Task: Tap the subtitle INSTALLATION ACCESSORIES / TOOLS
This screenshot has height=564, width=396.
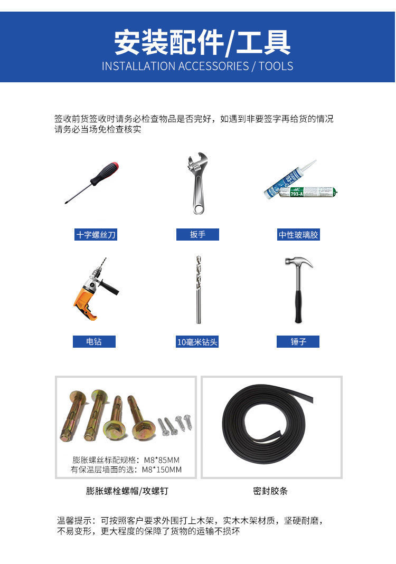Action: tap(197, 66)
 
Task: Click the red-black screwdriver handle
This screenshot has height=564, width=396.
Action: tap(105, 174)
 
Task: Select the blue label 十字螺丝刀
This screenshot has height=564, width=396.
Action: tap(96, 235)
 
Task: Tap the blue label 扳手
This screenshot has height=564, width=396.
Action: tap(197, 235)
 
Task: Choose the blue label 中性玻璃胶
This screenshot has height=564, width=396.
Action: tap(298, 235)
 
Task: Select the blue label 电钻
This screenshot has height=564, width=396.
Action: tap(94, 342)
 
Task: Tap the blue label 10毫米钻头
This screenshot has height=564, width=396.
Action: tap(197, 342)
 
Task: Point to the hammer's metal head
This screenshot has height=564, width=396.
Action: tap(298, 262)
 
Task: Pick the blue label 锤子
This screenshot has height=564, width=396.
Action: tap(298, 342)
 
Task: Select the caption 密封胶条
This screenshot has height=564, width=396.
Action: tap(271, 491)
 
